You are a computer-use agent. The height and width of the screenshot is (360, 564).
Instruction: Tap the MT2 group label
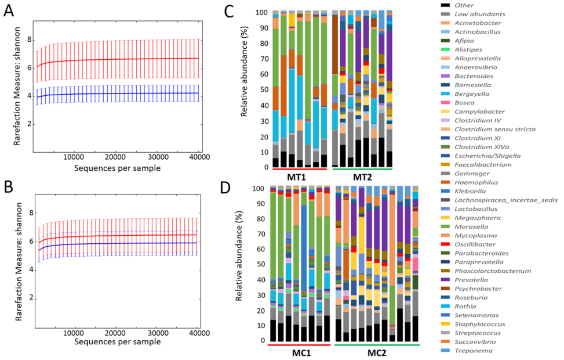pyautogui.click(x=362, y=175)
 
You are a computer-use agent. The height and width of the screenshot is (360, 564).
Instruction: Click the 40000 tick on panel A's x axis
pyautogui.click(x=198, y=157)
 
